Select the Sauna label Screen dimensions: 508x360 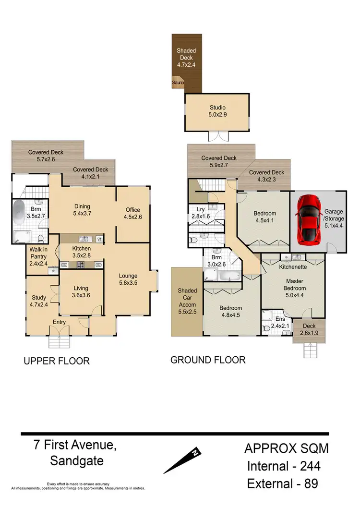[178, 83]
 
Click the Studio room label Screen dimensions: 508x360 [217, 107]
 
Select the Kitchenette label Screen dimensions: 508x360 [292, 266]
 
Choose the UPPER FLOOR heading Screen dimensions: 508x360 [57, 361]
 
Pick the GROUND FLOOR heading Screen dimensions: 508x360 [208, 360]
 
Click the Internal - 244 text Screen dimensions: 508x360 [284, 465]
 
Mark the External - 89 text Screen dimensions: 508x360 [282, 483]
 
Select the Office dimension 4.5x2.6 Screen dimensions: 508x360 [133, 217]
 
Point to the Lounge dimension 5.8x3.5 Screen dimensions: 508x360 [128, 283]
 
